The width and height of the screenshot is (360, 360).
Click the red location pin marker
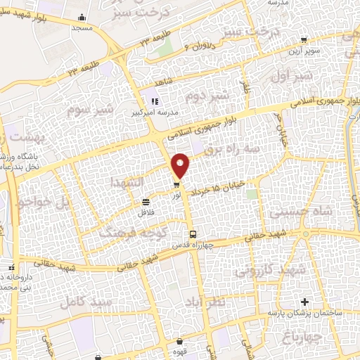pyautogui.click(x=181, y=165)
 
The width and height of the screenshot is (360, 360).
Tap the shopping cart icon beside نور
pyautogui.click(x=176, y=185)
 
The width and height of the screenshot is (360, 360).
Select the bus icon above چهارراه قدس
pyautogui.click(x=192, y=234)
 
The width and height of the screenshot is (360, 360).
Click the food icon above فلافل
pyautogui.click(x=146, y=201)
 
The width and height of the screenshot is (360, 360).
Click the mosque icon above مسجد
pyautogui.click(x=83, y=18)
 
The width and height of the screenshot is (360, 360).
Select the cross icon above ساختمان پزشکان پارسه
pyautogui.click(x=304, y=302)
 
